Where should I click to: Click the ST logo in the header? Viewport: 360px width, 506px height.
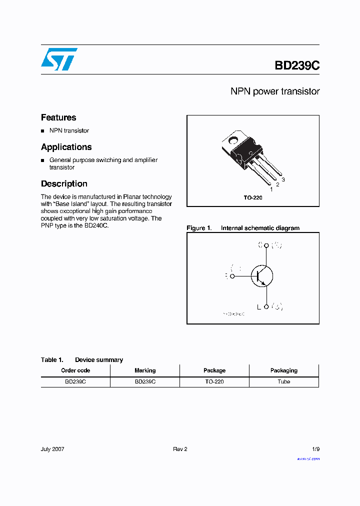click(x=59, y=59)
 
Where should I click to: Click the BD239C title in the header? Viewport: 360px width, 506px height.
click(x=296, y=66)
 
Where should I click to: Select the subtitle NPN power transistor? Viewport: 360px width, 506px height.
click(x=274, y=91)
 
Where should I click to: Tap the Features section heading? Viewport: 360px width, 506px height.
click(x=58, y=117)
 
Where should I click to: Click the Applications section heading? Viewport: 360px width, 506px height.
click(x=66, y=147)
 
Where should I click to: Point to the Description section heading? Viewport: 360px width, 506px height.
click(x=64, y=183)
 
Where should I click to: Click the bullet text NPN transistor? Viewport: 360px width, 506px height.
click(x=69, y=130)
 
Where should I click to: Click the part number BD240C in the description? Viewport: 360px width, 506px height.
click(x=95, y=225)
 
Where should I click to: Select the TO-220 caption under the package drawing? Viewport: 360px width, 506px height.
click(x=253, y=197)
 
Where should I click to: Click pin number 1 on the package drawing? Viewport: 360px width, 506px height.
click(x=271, y=189)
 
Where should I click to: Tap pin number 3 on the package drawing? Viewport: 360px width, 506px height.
click(x=283, y=179)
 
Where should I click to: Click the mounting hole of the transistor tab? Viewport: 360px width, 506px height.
click(x=235, y=139)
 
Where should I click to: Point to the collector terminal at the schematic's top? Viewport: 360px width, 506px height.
click(x=266, y=245)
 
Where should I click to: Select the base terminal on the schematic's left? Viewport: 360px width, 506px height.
click(x=232, y=275)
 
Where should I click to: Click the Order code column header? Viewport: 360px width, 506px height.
click(x=75, y=370)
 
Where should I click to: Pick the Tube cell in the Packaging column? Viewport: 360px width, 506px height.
click(x=283, y=381)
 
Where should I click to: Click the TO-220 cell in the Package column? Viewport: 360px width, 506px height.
click(x=214, y=381)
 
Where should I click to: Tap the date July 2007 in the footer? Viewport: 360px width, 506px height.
click(x=52, y=449)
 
